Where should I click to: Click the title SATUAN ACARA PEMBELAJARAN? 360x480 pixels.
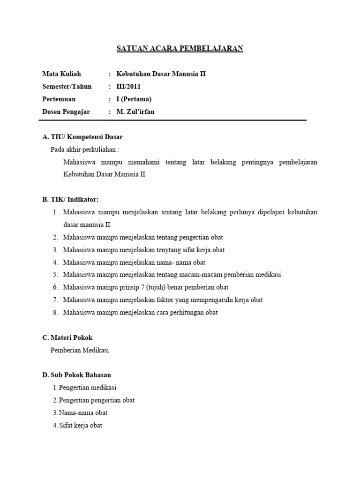pos(180,49)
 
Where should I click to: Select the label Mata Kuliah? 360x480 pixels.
pos(61,74)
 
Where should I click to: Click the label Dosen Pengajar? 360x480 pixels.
pos(66,112)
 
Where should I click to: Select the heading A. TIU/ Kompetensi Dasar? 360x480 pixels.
pos(82,137)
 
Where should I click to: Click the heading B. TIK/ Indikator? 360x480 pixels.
pos(70,200)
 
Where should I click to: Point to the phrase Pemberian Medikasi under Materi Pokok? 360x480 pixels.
pos(80,350)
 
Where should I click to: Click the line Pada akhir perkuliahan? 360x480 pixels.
pos(85,150)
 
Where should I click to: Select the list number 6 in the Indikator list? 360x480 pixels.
pos(55,287)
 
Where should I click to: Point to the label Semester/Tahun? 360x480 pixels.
pos(67,87)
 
